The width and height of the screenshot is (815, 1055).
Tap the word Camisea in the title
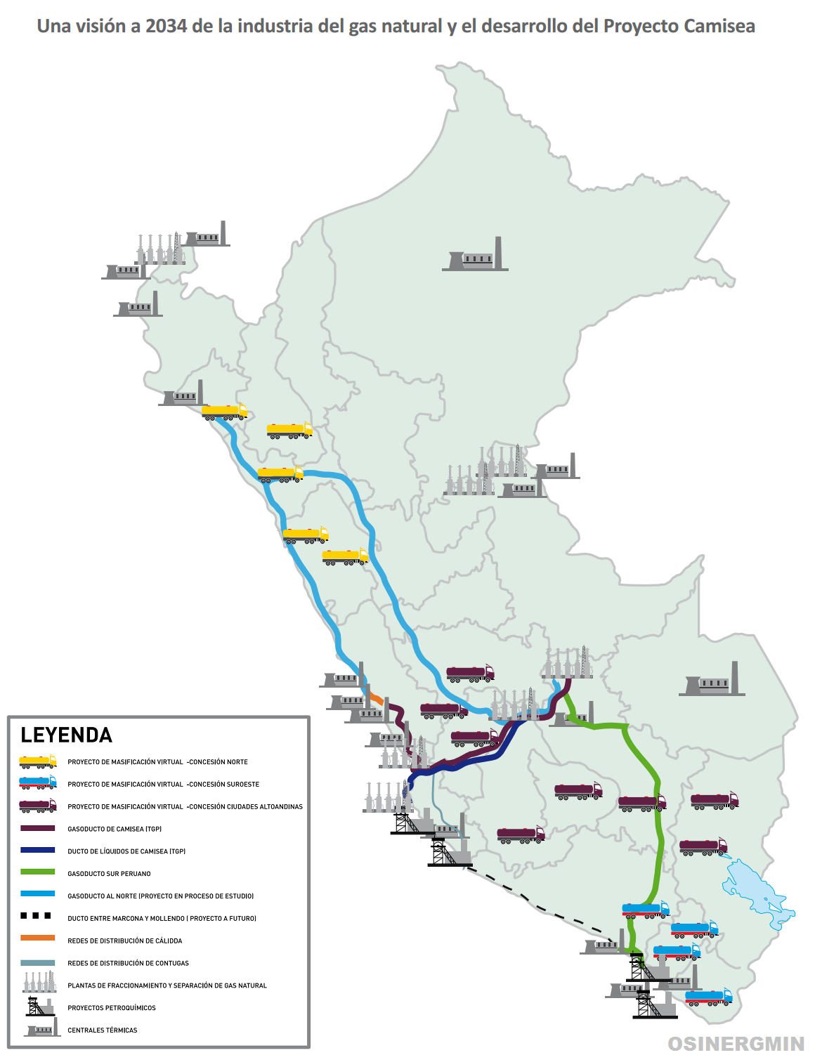click(x=719, y=27)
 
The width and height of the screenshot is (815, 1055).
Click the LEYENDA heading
click(x=67, y=735)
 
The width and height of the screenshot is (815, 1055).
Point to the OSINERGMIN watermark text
click(x=736, y=1044)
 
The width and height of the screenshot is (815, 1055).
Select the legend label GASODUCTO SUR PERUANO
click(x=109, y=874)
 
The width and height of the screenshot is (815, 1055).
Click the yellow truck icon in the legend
click(x=38, y=761)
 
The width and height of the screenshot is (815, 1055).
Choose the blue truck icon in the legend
click(x=38, y=783)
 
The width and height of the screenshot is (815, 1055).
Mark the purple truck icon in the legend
click(x=38, y=806)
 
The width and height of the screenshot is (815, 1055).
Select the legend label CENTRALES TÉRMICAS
click(x=103, y=1030)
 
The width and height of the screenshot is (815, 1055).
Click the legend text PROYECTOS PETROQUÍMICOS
click(x=112, y=1008)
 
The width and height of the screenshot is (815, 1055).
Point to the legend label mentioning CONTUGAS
click(x=128, y=963)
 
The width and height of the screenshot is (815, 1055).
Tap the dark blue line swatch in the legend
click(x=38, y=850)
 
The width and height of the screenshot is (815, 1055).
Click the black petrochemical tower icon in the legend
click(x=39, y=1007)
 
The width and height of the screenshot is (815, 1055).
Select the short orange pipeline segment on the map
click(x=377, y=699)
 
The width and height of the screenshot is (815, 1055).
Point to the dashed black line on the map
click(x=541, y=906)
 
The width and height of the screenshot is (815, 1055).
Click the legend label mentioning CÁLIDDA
click(x=124, y=941)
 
